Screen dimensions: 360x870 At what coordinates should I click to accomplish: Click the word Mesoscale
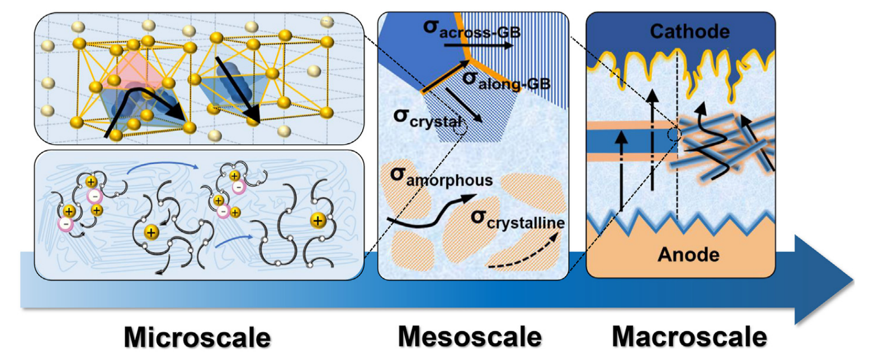[x=470, y=338]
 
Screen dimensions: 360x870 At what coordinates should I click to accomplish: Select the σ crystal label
[x=427, y=119]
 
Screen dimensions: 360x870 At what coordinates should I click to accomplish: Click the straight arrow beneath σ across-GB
[x=493, y=46]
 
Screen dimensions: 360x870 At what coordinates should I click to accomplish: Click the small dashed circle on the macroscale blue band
[x=676, y=135]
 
